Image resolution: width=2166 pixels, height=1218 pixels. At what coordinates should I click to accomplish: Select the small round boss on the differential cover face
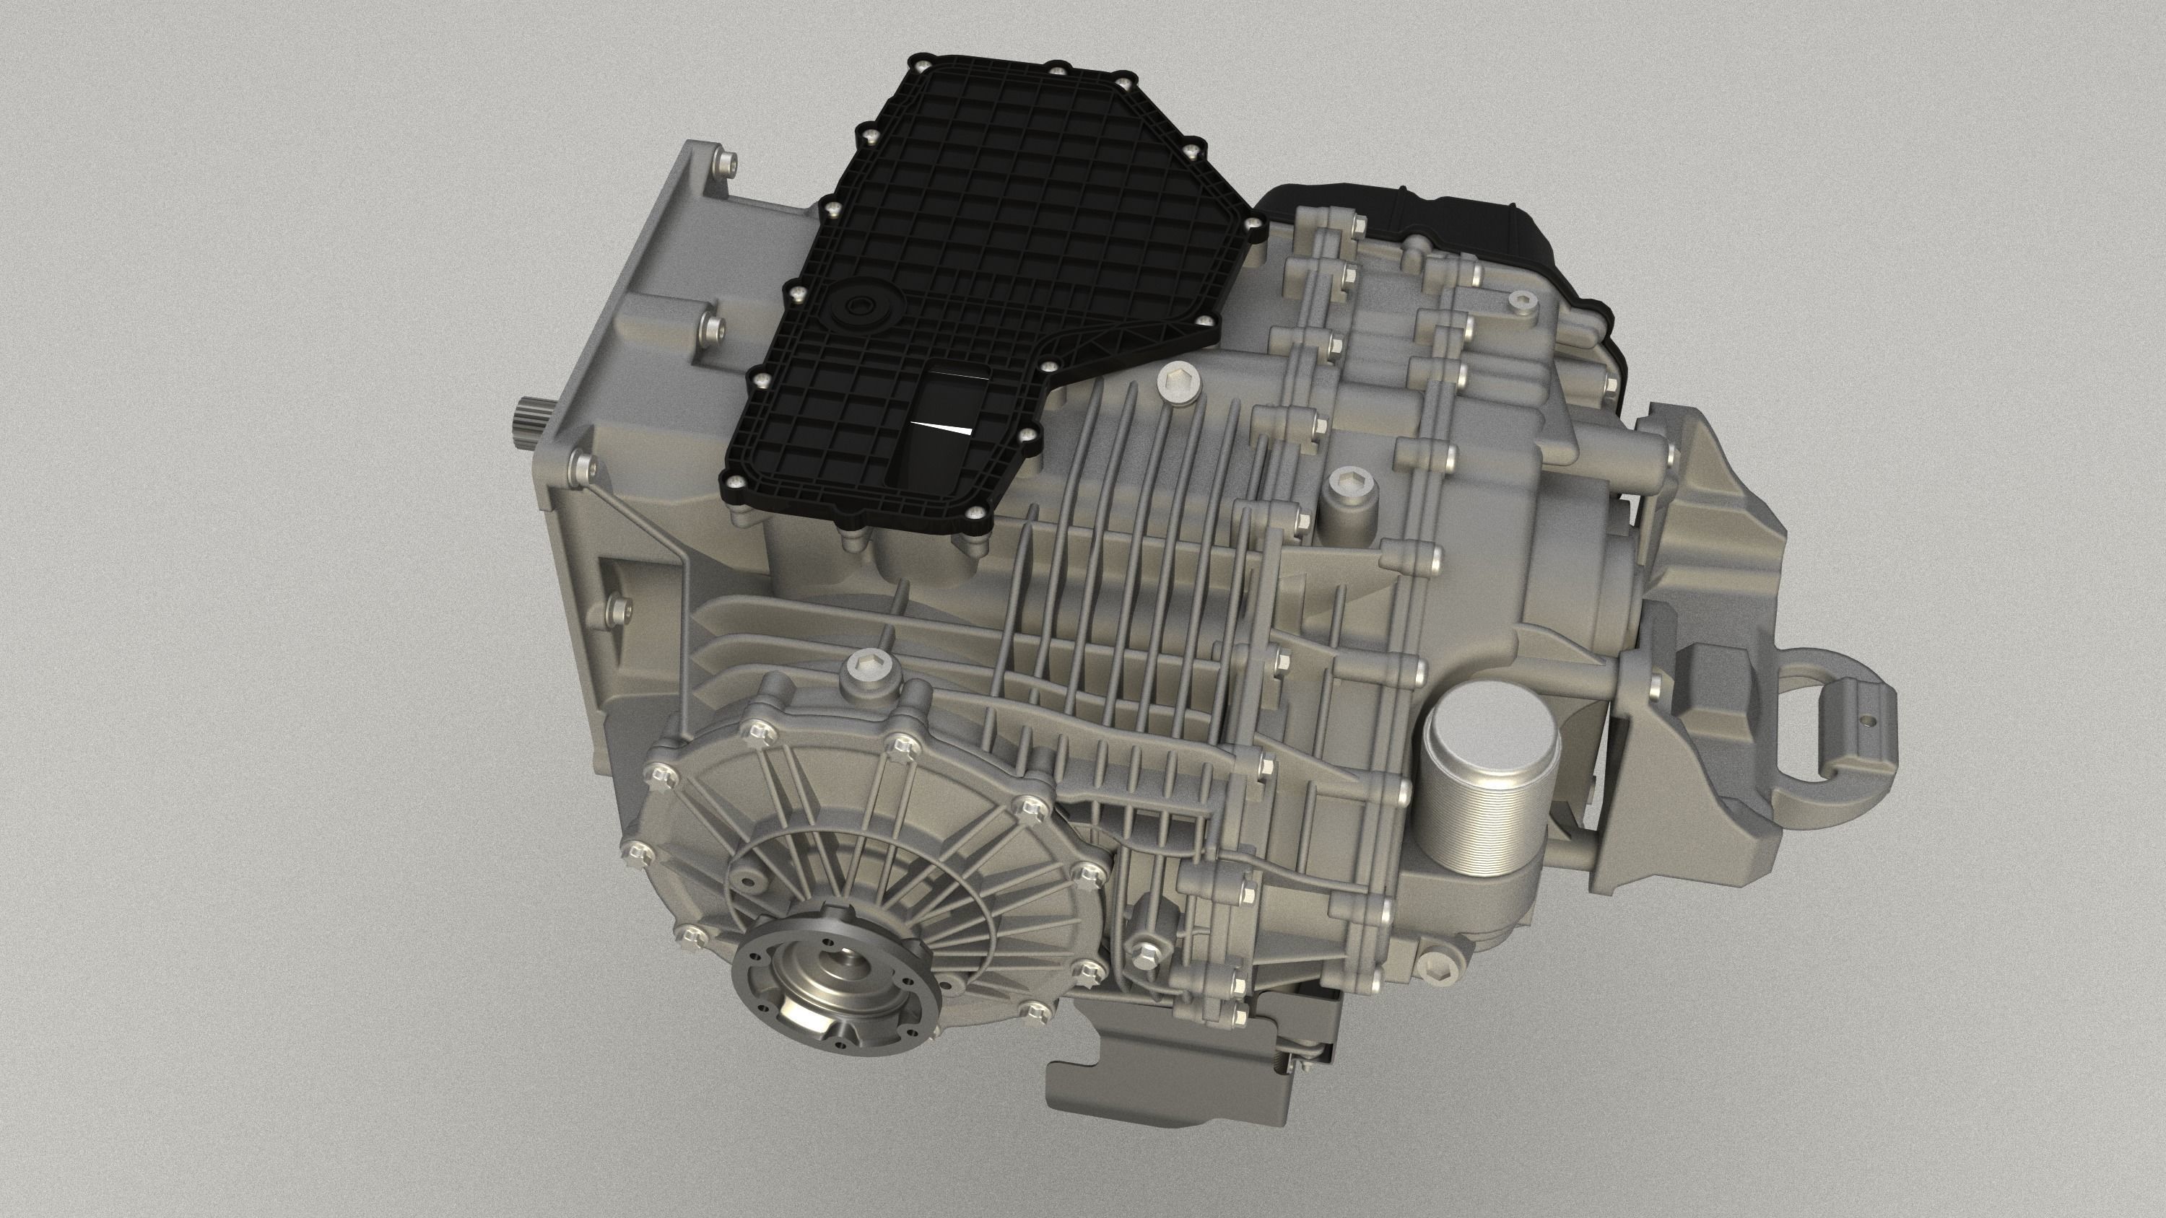(745, 877)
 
